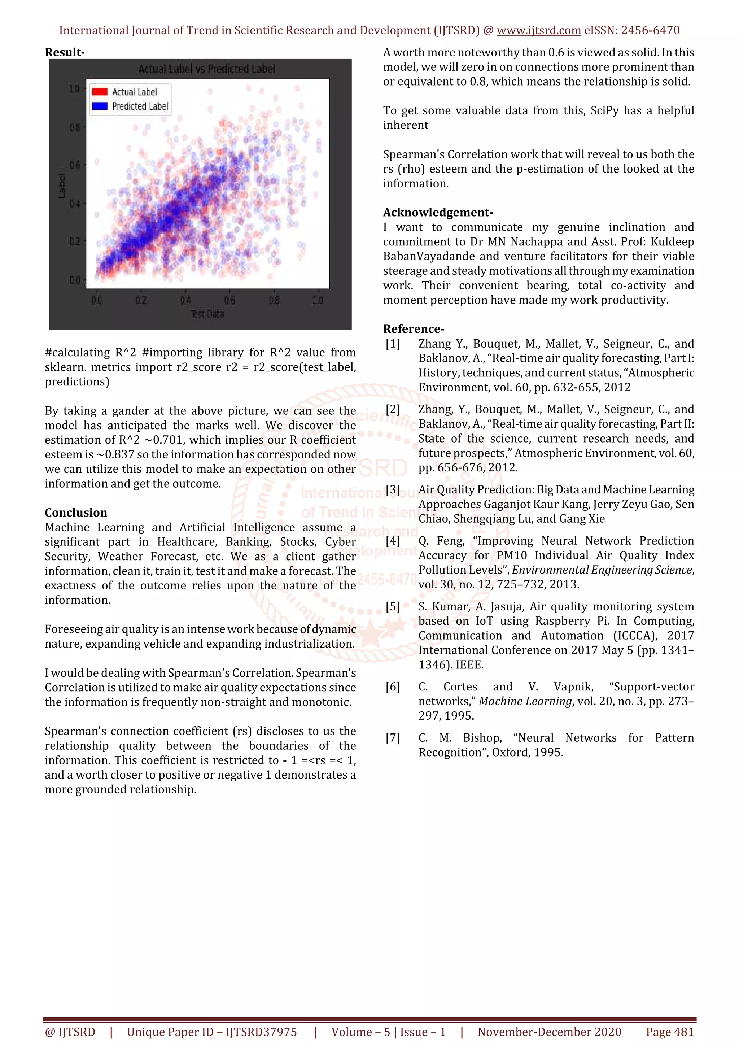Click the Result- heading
[x=65, y=52]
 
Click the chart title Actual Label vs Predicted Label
[x=207, y=69]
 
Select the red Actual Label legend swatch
[x=100, y=92]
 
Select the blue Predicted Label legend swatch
[x=100, y=106]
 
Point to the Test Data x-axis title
[x=207, y=314]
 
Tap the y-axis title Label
[x=61, y=186]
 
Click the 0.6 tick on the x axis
[x=230, y=300]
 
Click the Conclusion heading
[x=75, y=513]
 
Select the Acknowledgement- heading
[x=438, y=212]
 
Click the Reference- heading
[x=413, y=329]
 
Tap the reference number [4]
[x=393, y=541]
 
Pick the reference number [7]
[x=393, y=737]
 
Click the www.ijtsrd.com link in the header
[x=538, y=31]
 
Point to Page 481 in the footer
[x=669, y=1032]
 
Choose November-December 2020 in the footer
[x=549, y=1032]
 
